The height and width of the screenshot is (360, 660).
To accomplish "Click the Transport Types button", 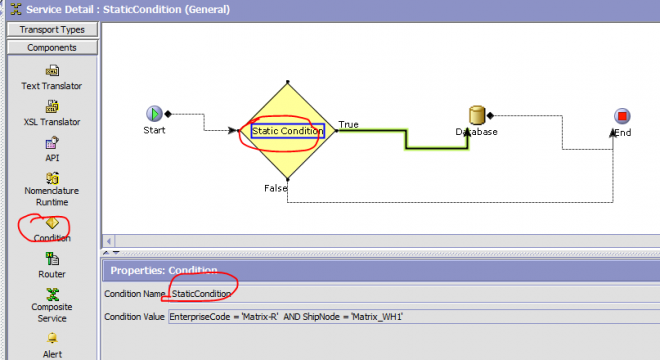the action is pyautogui.click(x=52, y=29).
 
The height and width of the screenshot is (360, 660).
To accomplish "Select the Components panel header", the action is pyautogui.click(x=52, y=48).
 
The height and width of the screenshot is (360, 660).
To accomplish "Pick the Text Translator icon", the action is pyautogui.click(x=52, y=71).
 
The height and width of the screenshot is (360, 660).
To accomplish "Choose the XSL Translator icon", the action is pyautogui.click(x=52, y=106).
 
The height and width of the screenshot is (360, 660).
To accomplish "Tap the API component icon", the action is pyautogui.click(x=52, y=143).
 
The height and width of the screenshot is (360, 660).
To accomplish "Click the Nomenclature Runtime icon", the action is pyautogui.click(x=52, y=178).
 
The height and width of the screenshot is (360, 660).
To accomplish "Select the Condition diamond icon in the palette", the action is pyautogui.click(x=52, y=223).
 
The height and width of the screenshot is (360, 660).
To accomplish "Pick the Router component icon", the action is pyautogui.click(x=52, y=259).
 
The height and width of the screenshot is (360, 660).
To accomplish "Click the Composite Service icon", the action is pyautogui.click(x=52, y=294).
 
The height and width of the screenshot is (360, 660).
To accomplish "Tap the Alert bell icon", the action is pyautogui.click(x=52, y=338).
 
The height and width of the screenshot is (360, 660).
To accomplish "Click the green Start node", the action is pyautogui.click(x=154, y=114).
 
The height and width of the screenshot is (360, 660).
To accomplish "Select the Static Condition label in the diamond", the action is pyautogui.click(x=287, y=131).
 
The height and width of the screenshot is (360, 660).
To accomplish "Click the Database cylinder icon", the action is pyautogui.click(x=477, y=115).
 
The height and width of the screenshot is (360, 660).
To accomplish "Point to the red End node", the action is pyautogui.click(x=622, y=116).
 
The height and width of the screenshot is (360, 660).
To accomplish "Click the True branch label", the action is pyautogui.click(x=349, y=125).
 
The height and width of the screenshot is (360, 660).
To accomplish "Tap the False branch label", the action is pyautogui.click(x=276, y=188).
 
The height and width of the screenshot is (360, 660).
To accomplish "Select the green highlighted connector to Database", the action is pyautogui.click(x=406, y=139).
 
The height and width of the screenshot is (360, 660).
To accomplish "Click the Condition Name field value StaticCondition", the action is pyautogui.click(x=201, y=294).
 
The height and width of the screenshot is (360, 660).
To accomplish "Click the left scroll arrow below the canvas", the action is pyautogui.click(x=109, y=241).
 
